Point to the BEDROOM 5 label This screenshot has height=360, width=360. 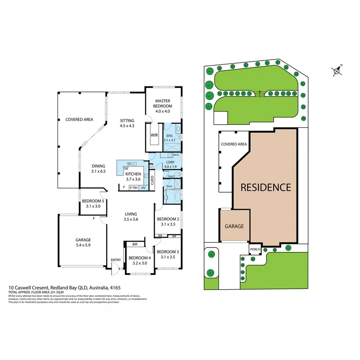[93, 201]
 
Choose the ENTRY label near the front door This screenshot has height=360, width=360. [116, 260]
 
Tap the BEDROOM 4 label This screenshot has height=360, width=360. [140, 258]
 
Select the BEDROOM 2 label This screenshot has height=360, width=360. [168, 219]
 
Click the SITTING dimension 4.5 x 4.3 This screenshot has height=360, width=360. [127, 126]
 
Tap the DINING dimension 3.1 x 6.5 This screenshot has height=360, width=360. [98, 171]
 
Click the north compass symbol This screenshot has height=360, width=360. [337, 71]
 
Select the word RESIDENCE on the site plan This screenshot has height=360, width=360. [266, 187]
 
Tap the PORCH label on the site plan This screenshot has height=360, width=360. [255, 250]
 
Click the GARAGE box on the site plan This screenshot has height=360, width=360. [234, 226]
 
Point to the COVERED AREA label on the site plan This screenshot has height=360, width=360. [234, 144]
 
